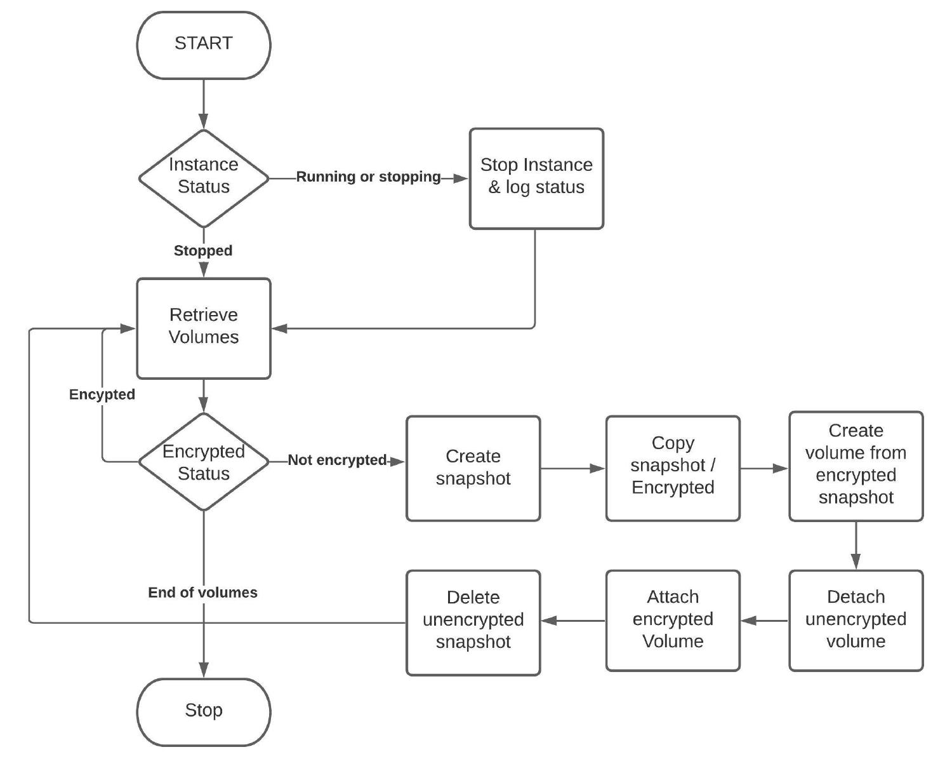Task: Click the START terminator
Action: tap(204, 45)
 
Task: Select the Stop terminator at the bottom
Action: tap(204, 711)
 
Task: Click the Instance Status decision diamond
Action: tap(204, 178)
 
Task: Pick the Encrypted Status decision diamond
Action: tap(204, 462)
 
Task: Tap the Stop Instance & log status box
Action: tap(536, 178)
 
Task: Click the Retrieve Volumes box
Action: tap(204, 328)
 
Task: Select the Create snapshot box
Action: tap(473, 468)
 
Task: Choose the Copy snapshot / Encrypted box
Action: tap(673, 468)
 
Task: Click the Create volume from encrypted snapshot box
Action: tap(856, 466)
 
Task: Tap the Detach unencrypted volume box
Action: tap(856, 620)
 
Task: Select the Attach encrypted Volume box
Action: tap(673, 620)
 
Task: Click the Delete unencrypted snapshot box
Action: tap(473, 622)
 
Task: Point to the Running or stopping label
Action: tap(368, 177)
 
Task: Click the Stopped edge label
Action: tap(203, 251)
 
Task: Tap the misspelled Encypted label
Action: tap(102, 394)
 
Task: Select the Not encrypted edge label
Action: tap(337, 460)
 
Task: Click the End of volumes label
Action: tap(203, 593)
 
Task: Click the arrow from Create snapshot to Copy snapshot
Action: tap(572, 469)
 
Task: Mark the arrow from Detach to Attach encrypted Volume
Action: tap(764, 621)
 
